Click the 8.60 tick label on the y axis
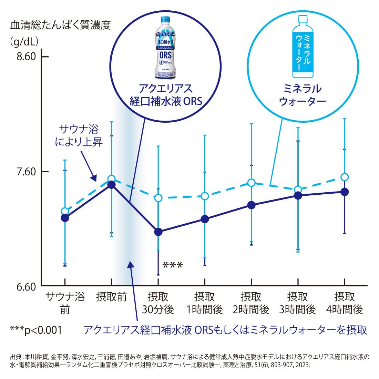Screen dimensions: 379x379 [x=26, y=57]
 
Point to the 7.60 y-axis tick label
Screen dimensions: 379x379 [x=26, y=171]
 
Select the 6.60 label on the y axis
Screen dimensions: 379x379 [x=26, y=287]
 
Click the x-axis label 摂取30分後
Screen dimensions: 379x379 [x=158, y=303]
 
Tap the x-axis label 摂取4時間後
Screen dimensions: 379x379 [x=345, y=303]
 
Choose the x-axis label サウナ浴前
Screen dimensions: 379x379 [x=65, y=303]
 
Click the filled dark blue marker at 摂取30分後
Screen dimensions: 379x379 [x=158, y=232]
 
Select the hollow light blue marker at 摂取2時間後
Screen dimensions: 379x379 [x=252, y=182]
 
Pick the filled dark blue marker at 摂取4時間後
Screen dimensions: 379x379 [x=345, y=192]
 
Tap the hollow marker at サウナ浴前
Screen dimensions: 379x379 [x=65, y=211]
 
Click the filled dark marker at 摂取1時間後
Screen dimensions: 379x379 [x=205, y=219]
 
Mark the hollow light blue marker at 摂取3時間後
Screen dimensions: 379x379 [x=298, y=189]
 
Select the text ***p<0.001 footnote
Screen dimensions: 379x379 [x=36, y=330]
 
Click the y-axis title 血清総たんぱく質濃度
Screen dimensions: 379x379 [x=61, y=25]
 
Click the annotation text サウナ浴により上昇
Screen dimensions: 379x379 [x=79, y=135]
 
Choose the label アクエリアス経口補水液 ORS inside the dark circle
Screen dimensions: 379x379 [x=165, y=95]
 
